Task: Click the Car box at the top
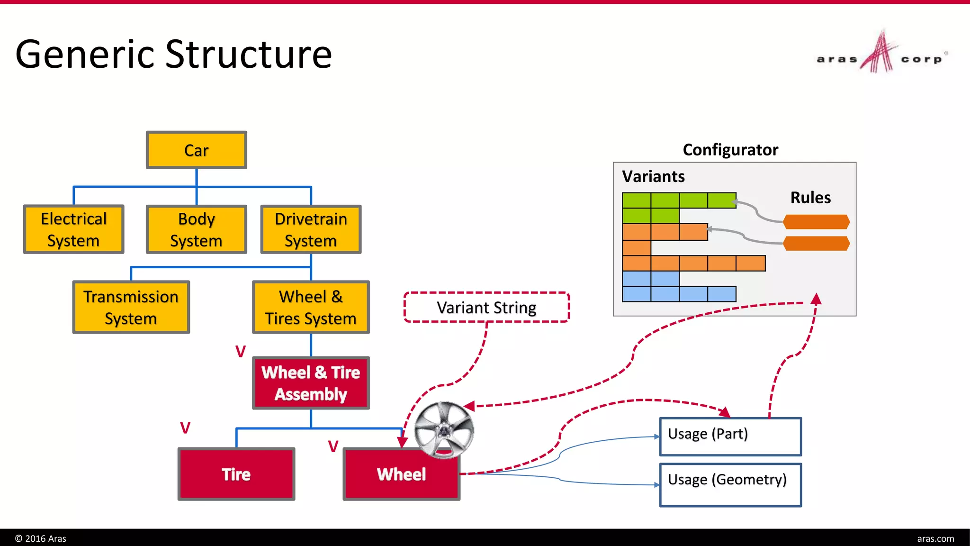point(196,150)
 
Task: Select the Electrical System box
point(73,229)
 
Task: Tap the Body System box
point(196,229)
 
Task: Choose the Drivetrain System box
point(311,229)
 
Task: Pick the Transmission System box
point(131,307)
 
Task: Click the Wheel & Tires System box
point(311,307)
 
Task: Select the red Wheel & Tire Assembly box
point(311,383)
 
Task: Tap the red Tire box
point(236,474)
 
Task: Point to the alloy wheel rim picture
point(444,430)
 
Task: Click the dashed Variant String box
point(486,308)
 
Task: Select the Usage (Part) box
point(730,437)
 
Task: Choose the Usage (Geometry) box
point(730,485)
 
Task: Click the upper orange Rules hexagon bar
point(816,221)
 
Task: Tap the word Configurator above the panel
point(730,150)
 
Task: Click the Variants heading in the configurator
point(653,176)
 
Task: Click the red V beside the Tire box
point(185,428)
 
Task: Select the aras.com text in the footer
point(935,538)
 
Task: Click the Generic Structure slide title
point(173,54)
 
